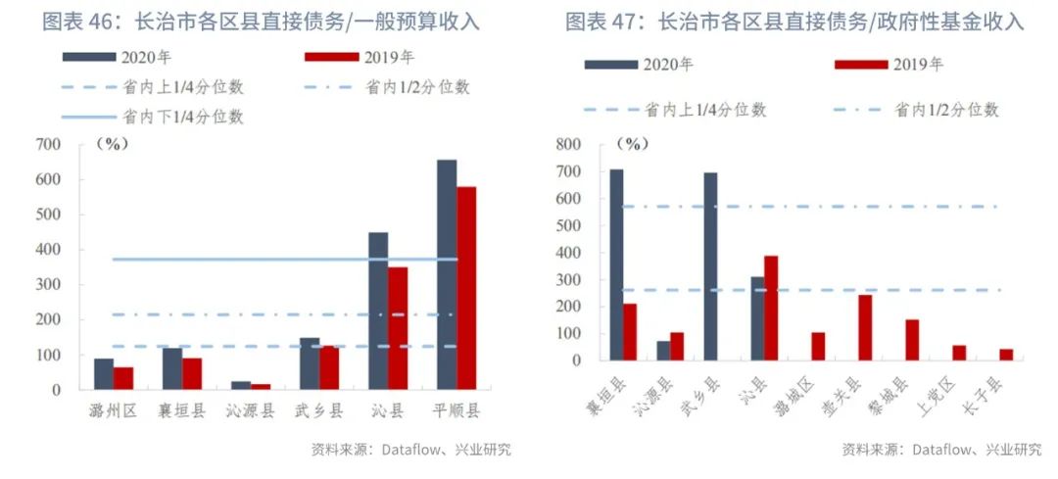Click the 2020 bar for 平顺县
coord(447,274)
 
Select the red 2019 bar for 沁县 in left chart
coord(398,328)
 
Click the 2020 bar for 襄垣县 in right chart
coord(616,264)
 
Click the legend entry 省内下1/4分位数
coord(181,118)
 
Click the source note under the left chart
coord(410,451)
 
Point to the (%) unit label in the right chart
coord(634,145)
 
